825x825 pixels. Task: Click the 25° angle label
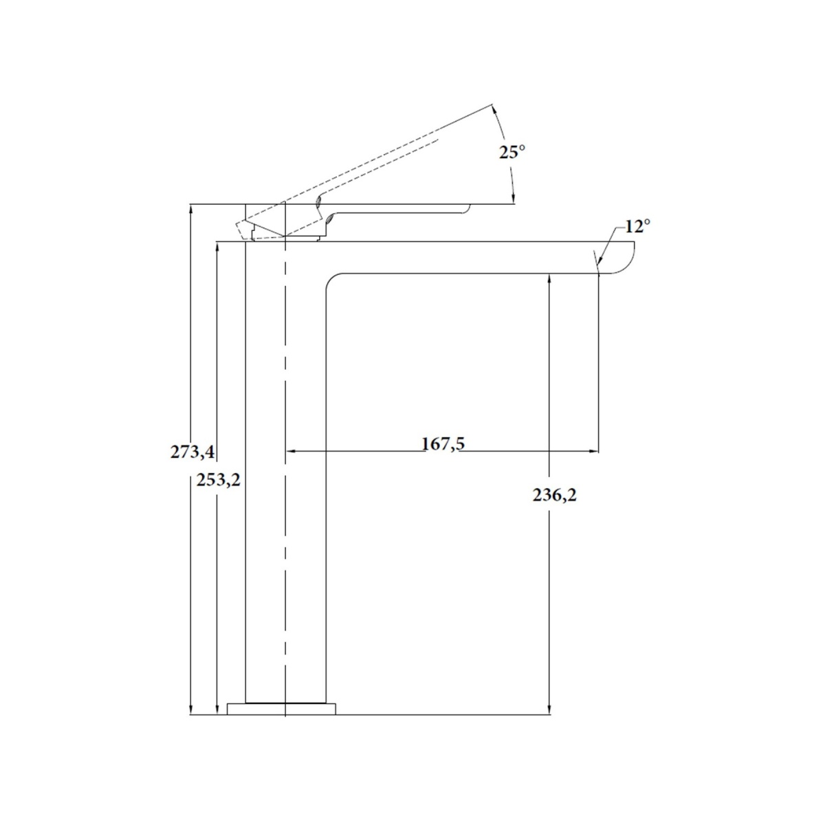coord(512,151)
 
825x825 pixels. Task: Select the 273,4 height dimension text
coord(192,452)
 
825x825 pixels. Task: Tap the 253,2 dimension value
coord(219,481)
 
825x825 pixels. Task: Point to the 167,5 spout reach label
coord(443,444)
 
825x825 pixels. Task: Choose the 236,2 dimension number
coord(555,495)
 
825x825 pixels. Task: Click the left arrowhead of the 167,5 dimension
coord(291,451)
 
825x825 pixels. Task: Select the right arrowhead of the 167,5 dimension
coord(593,451)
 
